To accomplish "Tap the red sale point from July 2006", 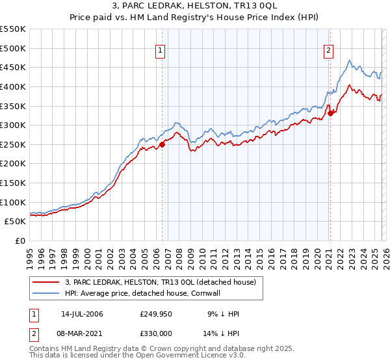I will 162,144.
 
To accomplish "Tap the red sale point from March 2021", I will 330,113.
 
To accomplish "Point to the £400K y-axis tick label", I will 13,86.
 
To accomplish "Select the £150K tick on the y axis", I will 13,183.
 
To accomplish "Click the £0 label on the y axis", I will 20,240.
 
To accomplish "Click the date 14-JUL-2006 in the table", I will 83,314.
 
